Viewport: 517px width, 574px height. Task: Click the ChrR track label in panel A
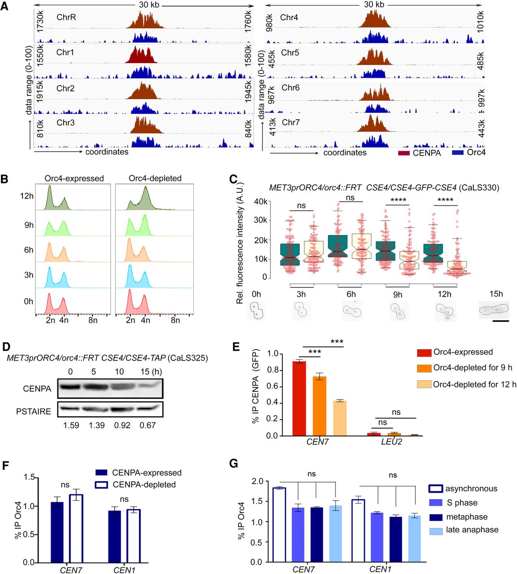pyautogui.click(x=66, y=17)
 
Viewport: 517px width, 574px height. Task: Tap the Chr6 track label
pyautogui.click(x=290, y=88)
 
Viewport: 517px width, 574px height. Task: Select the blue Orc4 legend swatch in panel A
pyautogui.click(x=457, y=153)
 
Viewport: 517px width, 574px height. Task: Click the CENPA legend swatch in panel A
pyautogui.click(x=404, y=153)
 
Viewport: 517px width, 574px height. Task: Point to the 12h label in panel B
pyautogui.click(x=27, y=196)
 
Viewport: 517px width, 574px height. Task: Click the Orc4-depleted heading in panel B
pyautogui.click(x=155, y=178)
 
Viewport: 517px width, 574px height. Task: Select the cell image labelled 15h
pyautogui.click(x=494, y=309)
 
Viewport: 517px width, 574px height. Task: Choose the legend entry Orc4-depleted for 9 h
pyautogui.click(x=472, y=368)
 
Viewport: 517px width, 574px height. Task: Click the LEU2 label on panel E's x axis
pyautogui.click(x=391, y=442)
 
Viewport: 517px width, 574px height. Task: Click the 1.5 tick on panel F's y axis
pyautogui.click(x=30, y=478)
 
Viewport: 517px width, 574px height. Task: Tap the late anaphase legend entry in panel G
pyautogui.click(x=472, y=530)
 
